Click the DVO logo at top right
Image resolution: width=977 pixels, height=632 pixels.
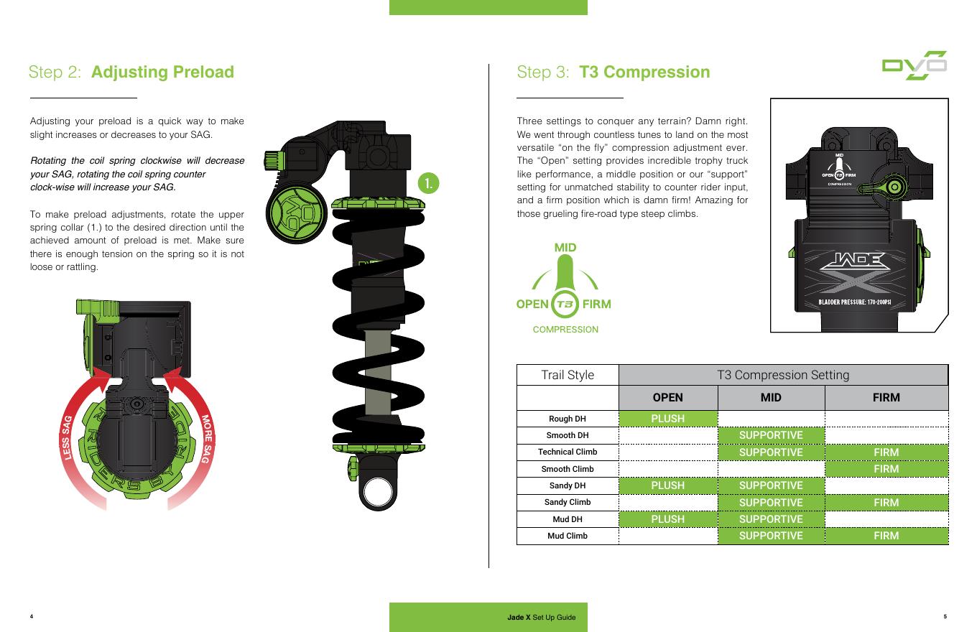pos(914,65)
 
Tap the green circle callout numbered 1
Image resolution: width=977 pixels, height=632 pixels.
pos(428,183)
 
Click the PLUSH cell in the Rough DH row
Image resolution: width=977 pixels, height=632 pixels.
pos(668,419)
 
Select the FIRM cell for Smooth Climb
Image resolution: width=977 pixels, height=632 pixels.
pos(886,469)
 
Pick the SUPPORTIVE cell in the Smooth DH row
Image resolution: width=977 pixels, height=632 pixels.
pos(771,435)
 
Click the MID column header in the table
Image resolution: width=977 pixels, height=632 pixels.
pos(771,397)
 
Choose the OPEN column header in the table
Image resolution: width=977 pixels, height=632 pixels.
pos(668,397)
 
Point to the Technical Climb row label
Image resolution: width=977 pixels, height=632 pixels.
pos(568,452)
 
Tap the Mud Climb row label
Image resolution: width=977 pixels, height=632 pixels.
pos(568,536)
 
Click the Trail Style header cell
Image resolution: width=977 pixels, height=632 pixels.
pos(568,375)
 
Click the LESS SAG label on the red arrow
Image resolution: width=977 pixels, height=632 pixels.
pos(66,437)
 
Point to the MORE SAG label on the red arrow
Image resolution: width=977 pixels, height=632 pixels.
pos(206,439)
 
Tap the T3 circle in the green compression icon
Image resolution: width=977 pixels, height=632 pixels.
pos(565,304)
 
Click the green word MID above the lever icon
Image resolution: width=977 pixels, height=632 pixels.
pos(565,248)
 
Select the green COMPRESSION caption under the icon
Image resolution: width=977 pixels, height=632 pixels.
pos(565,330)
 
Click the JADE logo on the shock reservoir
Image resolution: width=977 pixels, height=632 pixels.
pos(855,261)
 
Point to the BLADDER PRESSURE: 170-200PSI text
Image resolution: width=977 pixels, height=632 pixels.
pos(854,302)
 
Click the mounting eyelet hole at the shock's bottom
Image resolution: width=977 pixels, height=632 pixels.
pos(378,491)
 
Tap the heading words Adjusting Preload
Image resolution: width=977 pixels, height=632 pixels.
pos(162,72)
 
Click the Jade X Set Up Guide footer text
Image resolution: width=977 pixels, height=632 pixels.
pos(541,617)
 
